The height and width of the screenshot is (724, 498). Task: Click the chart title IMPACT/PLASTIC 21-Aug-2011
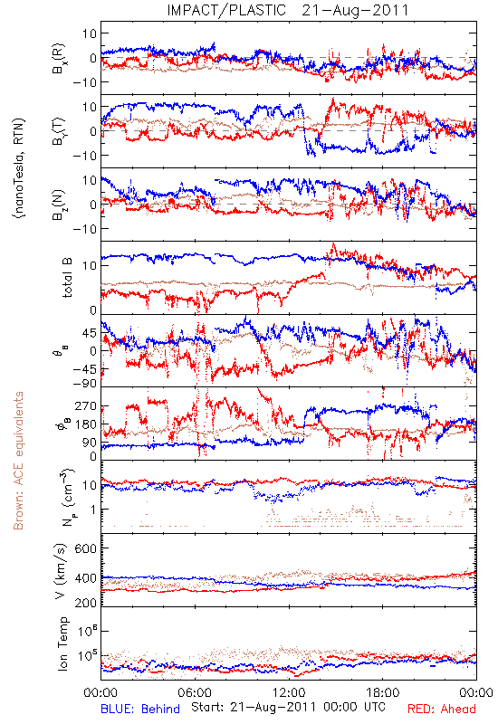288,10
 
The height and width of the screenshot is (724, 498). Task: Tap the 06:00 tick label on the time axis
195,692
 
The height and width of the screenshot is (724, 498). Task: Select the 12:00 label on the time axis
289,692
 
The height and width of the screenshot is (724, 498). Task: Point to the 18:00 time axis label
383,692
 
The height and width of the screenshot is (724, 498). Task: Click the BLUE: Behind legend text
140,709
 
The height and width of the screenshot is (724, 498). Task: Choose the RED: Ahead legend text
441,709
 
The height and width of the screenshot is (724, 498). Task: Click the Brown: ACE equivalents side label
18,461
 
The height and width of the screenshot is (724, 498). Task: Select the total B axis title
67,278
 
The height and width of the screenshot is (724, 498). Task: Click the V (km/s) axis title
61,571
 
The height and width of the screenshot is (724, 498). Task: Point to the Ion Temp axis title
63,643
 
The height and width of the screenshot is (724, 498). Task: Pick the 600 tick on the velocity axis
85,548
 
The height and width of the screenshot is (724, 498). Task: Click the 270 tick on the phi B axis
86,405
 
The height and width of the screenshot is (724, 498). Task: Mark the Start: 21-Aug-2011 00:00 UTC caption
288,707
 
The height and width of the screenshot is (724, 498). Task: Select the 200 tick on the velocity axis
85,603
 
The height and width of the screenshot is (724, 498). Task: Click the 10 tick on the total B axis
90,266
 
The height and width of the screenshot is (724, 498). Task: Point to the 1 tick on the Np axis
93,510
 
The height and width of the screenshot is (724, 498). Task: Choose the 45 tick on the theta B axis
90,333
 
